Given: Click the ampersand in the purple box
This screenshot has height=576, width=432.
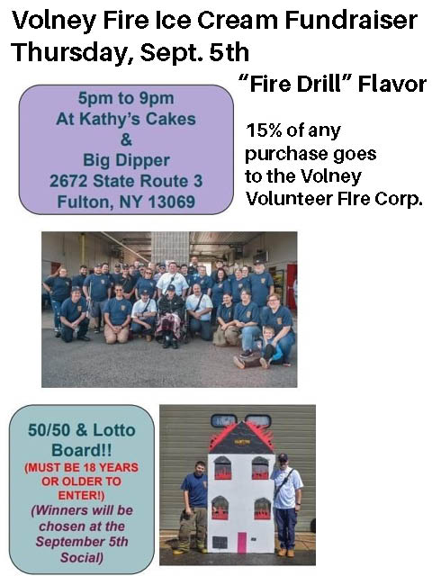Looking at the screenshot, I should coord(126,140).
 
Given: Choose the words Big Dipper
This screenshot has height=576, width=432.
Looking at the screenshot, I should coord(126,161).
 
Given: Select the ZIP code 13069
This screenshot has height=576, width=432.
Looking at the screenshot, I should coord(171,202).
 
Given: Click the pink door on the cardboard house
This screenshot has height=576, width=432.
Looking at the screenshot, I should coord(241,542).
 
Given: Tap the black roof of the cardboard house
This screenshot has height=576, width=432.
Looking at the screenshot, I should coord(240,441).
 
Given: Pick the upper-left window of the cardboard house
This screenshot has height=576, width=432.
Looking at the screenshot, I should coord(220,468).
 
